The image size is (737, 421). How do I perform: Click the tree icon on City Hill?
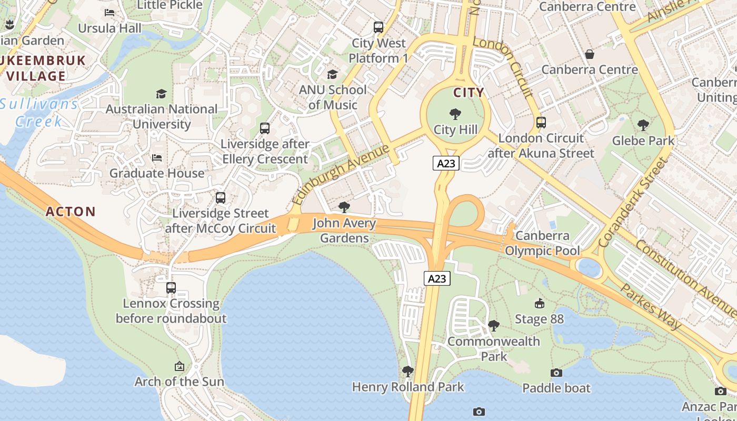[455, 114]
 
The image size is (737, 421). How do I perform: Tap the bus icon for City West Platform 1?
[378, 27]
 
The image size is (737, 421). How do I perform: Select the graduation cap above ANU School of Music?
[332, 74]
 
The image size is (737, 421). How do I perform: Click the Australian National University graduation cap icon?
[161, 94]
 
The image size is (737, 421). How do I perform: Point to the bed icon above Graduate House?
[157, 158]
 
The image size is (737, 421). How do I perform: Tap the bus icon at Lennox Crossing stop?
[171, 288]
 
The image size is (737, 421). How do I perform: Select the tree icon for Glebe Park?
[643, 125]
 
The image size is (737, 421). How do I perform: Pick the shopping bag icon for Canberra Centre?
[590, 54]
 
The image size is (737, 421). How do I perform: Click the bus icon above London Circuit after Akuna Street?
[541, 123]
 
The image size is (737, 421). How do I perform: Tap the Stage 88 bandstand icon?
[539, 304]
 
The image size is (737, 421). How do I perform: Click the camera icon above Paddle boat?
[556, 373]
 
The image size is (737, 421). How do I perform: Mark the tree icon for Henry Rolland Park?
[407, 372]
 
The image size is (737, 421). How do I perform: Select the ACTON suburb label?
[71, 212]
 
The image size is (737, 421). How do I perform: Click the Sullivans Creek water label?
[39, 113]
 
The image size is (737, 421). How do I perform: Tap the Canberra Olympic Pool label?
[542, 243]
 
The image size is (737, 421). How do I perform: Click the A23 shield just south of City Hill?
[446, 163]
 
